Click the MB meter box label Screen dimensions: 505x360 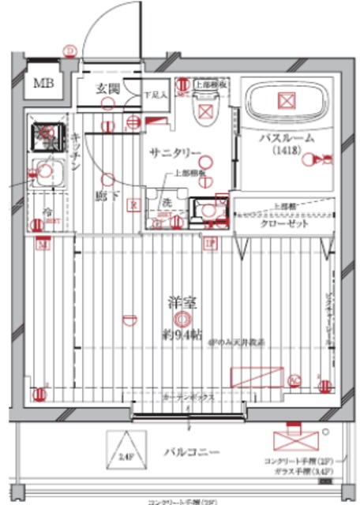click(40, 83)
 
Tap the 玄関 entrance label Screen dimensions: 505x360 click(107, 88)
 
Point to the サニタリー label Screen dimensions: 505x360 click(172, 154)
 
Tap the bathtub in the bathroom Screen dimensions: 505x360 click(285, 102)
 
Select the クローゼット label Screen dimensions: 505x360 click(287, 223)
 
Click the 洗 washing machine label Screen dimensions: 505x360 click(166, 203)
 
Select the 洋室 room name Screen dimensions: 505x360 click(181, 301)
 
